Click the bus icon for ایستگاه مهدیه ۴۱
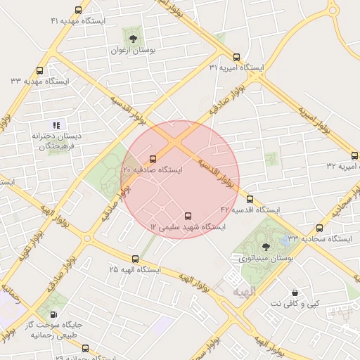point(77,11)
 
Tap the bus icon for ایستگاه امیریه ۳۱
point(236,57)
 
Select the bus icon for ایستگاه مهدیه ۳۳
point(39,70)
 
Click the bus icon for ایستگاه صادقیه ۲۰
point(153,159)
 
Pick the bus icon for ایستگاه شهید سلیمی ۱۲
point(188,216)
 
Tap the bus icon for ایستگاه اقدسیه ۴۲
point(250,199)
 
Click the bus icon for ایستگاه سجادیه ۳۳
point(319,228)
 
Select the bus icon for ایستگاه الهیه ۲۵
point(136,259)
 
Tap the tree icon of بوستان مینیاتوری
point(266,247)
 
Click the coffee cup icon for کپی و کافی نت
point(295,291)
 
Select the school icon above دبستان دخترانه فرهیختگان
point(56,124)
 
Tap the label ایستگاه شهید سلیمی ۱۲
point(188,227)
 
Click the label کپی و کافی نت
point(295,303)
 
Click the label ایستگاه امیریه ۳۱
point(236,68)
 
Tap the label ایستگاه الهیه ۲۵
point(135,270)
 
